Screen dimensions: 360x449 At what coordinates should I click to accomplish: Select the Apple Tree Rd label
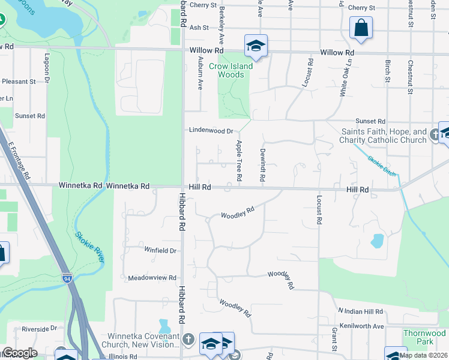239,161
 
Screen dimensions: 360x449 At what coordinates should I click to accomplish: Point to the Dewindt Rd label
263,166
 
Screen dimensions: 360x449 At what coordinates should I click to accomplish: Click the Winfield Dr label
160,250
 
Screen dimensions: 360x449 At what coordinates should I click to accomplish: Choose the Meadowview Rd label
152,278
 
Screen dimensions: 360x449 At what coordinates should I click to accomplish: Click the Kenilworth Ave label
362,326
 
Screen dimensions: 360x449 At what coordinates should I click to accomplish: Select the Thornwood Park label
424,337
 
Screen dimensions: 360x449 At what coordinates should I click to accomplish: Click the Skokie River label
90,246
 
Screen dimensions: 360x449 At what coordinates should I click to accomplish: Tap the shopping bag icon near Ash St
361,27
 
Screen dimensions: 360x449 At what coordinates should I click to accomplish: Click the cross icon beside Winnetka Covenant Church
188,340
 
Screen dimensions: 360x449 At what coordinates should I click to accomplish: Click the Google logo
19,353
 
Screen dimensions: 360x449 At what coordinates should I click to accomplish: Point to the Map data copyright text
423,355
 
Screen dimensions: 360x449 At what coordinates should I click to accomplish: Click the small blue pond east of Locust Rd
377,241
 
